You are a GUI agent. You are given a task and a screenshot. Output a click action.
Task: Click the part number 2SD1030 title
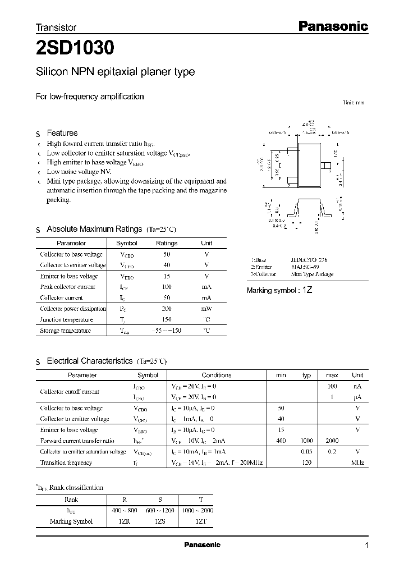(x=75, y=49)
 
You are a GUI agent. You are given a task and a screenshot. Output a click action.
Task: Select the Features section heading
(x=62, y=133)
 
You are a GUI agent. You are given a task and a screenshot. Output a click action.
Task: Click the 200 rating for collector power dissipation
(x=167, y=309)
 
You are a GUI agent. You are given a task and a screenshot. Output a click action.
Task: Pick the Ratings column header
(x=167, y=243)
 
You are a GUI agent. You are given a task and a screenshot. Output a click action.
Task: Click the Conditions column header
(x=217, y=375)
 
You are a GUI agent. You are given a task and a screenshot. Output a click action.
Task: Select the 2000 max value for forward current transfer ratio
(x=332, y=441)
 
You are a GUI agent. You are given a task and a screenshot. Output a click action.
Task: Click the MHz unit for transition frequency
(x=357, y=462)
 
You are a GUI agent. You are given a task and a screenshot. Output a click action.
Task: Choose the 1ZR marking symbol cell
(x=125, y=521)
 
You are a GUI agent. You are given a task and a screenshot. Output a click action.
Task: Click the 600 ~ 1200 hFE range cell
(x=160, y=510)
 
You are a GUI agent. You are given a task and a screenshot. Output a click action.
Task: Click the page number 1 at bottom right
(x=367, y=546)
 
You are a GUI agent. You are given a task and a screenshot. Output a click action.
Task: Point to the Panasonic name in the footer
(x=203, y=545)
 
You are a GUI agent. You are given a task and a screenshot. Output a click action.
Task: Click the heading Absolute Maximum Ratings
(x=94, y=229)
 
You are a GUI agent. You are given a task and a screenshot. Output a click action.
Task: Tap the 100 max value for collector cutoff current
(x=332, y=387)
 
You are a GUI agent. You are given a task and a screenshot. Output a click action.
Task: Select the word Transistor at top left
(x=56, y=27)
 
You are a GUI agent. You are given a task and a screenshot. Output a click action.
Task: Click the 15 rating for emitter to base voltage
(x=167, y=276)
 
